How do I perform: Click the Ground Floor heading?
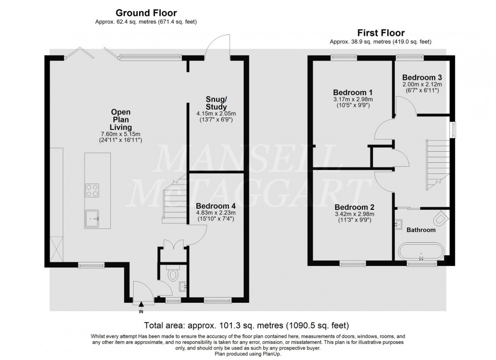click(146, 13)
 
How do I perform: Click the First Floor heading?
click(382, 32)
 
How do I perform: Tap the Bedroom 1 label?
click(353, 93)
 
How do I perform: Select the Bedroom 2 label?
click(354, 207)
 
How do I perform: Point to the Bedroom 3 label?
click(422, 77)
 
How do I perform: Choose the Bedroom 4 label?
click(216, 206)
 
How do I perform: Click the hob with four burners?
click(92, 191)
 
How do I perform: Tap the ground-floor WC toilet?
click(173, 275)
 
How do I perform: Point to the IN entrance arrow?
click(141, 304)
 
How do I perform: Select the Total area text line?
click(247, 325)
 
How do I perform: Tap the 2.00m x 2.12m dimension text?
click(422, 84)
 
